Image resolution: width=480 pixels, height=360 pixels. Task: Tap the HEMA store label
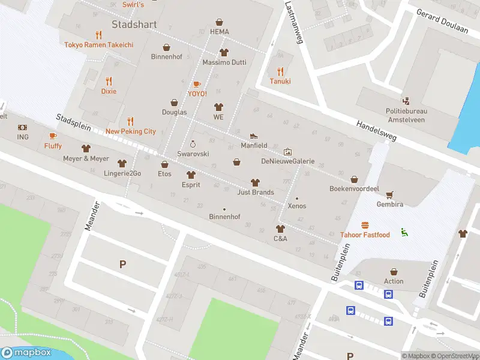(x=220, y=31)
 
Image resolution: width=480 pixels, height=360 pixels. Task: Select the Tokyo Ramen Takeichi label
(x=99, y=45)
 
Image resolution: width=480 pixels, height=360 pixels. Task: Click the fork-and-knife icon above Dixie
(x=109, y=81)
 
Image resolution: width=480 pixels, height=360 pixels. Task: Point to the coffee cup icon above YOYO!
(x=197, y=84)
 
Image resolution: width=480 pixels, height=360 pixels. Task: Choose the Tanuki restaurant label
(x=280, y=81)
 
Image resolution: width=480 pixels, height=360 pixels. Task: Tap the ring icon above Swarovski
(x=193, y=144)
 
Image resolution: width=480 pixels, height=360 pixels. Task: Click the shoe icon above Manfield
(x=254, y=136)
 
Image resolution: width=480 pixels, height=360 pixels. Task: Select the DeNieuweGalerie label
(x=287, y=161)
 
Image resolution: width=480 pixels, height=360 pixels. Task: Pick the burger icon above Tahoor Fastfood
(x=365, y=225)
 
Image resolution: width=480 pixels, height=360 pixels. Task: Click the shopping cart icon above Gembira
(x=391, y=194)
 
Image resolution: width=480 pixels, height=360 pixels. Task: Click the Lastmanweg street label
(x=293, y=23)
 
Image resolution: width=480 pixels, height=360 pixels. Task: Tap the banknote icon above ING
(x=23, y=128)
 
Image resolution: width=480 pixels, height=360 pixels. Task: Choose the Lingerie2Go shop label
(x=122, y=173)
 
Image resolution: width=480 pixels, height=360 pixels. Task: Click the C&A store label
(x=280, y=238)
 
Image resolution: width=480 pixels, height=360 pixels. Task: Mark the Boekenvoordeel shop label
(x=355, y=188)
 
